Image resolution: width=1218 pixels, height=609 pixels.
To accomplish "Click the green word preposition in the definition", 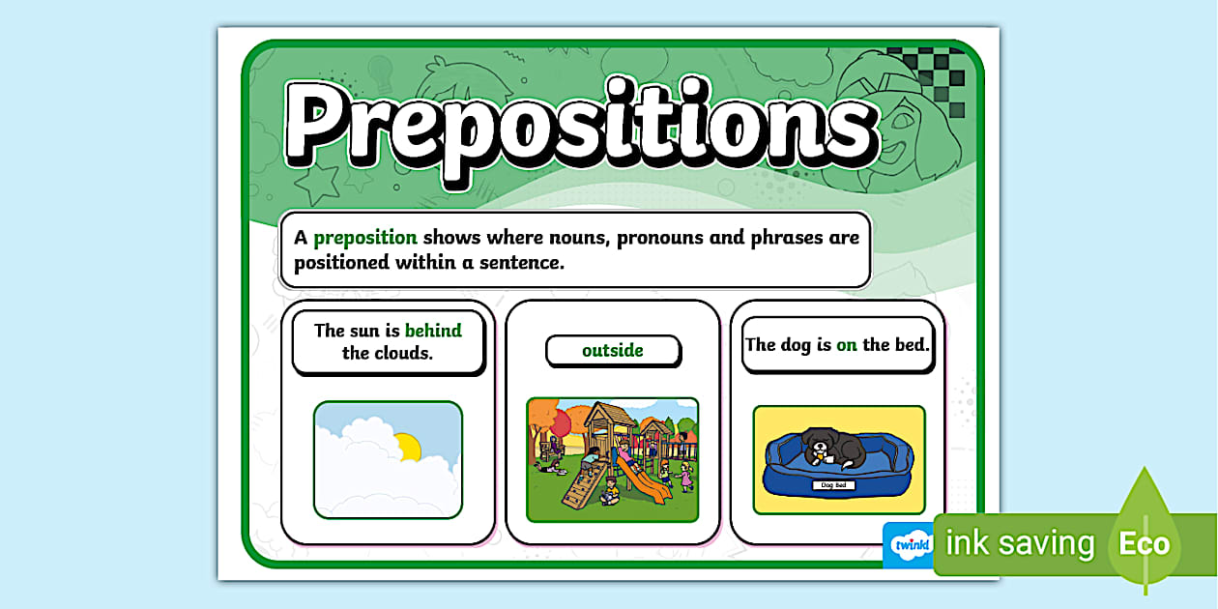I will [365, 238].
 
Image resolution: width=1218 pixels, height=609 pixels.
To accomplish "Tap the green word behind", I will [433, 331].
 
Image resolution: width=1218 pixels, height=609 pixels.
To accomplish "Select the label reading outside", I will [613, 350].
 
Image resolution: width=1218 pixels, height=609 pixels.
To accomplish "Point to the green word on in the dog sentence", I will [847, 344].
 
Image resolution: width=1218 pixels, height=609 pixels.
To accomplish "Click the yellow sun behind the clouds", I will [408, 447].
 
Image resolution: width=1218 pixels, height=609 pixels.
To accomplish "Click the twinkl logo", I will [910, 545].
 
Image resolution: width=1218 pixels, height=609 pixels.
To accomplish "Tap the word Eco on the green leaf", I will [1145, 544].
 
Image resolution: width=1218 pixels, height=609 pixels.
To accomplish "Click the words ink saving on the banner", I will [1019, 544].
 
